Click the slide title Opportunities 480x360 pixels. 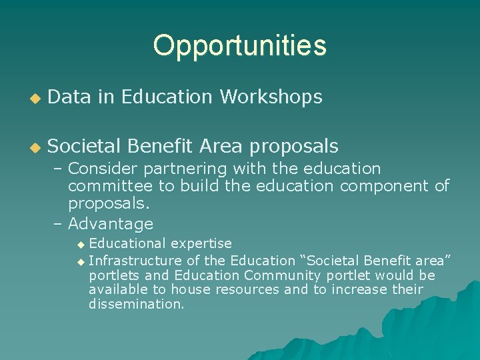pos(239,45)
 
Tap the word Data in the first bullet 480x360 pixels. pos(71,97)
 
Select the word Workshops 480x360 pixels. pos(271,97)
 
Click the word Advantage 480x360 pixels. pos(111,223)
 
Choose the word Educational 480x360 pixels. pos(127,244)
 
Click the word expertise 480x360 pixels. pos(200,244)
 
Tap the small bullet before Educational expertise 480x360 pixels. pos(81,245)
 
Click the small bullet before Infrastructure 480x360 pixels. pos(81,261)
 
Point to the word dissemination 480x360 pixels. pos(136,305)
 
